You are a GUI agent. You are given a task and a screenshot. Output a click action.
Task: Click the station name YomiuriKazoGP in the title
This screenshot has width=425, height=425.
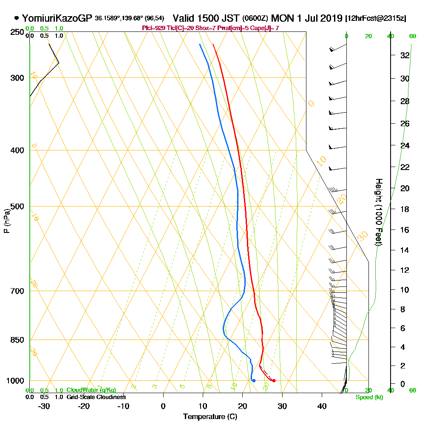(57, 18)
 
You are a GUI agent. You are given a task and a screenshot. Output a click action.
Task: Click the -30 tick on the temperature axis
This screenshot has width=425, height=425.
(44, 406)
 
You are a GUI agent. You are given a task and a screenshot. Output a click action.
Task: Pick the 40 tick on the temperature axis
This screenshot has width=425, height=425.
(322, 406)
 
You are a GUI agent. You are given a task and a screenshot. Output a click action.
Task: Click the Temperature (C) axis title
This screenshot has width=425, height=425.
(210, 417)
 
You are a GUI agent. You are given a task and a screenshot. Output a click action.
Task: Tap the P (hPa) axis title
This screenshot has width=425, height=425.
(6, 221)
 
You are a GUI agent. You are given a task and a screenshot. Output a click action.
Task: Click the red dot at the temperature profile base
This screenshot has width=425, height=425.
(274, 380)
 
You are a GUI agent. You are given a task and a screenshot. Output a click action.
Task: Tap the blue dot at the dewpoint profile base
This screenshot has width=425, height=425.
(254, 380)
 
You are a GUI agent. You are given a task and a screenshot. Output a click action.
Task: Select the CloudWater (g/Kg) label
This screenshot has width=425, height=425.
(91, 390)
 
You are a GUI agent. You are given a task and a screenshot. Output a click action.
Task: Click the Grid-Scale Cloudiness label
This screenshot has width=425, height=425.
(96, 397)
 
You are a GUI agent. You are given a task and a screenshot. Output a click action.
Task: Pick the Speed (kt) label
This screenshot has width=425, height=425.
(369, 397)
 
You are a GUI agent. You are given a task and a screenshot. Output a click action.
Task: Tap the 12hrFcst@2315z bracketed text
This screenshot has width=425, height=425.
(376, 19)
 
